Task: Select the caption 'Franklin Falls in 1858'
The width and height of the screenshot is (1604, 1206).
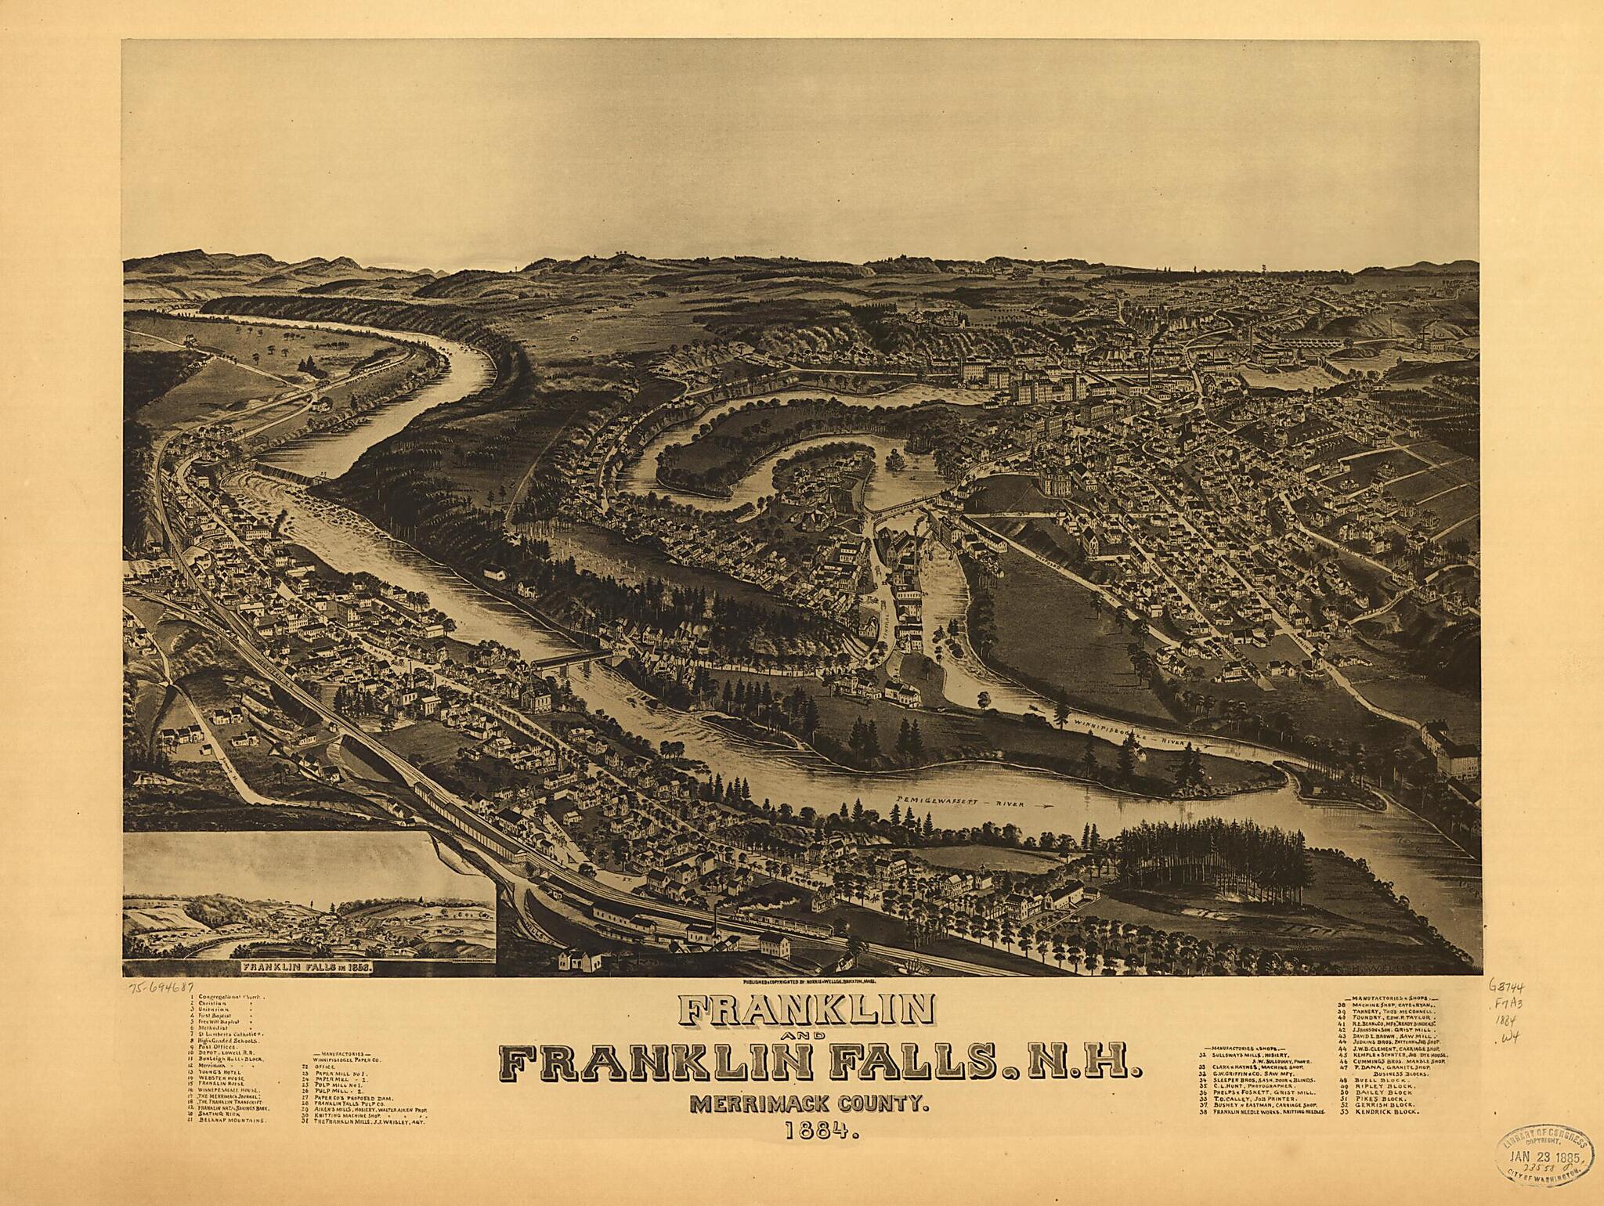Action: pos(308,966)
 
